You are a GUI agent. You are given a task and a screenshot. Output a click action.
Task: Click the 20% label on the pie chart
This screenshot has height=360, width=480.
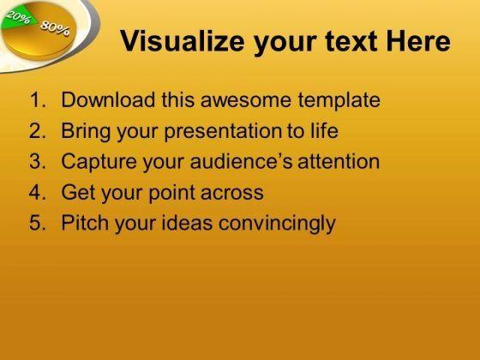(x=19, y=17)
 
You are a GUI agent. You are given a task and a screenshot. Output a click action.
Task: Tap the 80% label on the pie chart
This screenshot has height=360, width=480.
(x=55, y=28)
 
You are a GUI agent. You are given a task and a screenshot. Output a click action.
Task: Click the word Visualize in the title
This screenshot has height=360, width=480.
(x=182, y=41)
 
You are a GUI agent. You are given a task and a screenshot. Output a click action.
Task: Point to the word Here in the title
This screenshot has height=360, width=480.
(x=418, y=41)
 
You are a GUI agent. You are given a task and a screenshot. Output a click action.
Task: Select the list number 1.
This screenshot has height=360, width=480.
(x=38, y=99)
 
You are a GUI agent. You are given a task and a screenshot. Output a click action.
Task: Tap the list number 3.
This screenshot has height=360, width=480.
(x=38, y=161)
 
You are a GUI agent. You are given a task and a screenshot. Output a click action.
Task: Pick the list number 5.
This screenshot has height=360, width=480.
(x=38, y=222)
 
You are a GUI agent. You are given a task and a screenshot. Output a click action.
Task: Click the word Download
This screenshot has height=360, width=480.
(x=108, y=99)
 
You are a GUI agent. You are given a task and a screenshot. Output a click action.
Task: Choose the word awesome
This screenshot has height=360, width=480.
(x=246, y=100)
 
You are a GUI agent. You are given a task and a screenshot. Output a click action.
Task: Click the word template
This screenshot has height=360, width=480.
(x=339, y=101)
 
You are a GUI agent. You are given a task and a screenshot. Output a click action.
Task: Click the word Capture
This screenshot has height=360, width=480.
(x=99, y=162)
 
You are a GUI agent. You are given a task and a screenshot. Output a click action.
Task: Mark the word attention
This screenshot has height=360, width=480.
(x=339, y=161)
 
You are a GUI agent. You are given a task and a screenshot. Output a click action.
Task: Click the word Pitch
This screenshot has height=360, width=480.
(x=85, y=222)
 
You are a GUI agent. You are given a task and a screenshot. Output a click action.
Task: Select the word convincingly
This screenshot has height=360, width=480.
(x=277, y=224)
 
